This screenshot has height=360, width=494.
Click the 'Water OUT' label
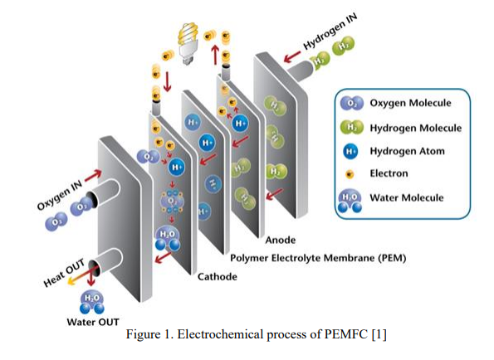(93, 321)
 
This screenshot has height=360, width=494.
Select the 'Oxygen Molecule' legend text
(410, 104)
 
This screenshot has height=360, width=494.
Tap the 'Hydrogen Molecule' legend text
(415, 128)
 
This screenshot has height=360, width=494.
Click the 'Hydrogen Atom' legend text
(407, 151)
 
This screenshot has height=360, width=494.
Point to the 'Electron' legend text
(389, 173)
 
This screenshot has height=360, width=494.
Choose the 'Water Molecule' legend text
(407, 197)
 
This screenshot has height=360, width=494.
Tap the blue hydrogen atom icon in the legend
(351, 152)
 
